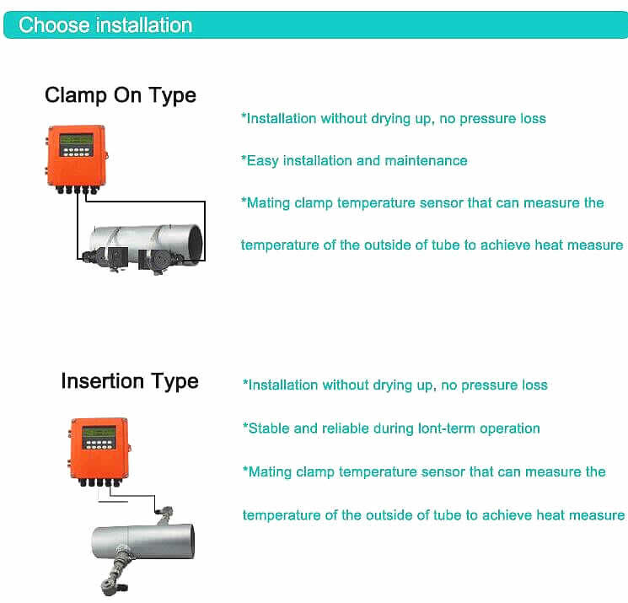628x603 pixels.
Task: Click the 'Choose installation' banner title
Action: pyautogui.click(x=105, y=24)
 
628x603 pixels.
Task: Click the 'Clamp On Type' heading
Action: pyautogui.click(x=121, y=94)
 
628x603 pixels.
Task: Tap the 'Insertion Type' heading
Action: pyautogui.click(x=130, y=381)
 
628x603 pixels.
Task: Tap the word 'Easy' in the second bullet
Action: pyautogui.click(x=262, y=160)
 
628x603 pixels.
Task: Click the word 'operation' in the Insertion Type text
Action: pyautogui.click(x=510, y=428)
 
